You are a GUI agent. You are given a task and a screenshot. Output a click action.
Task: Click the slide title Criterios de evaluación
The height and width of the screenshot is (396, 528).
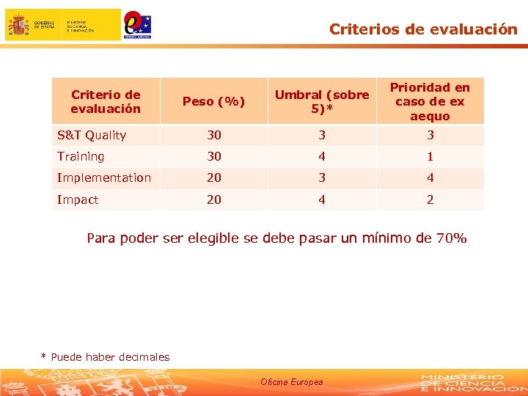click(x=423, y=29)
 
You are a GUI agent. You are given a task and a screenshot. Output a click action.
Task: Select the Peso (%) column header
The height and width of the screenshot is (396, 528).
click(x=213, y=101)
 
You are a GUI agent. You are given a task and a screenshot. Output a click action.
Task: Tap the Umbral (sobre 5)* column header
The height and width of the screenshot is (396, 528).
click(x=322, y=101)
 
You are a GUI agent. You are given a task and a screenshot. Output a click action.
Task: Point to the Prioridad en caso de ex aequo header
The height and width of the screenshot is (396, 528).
click(x=430, y=101)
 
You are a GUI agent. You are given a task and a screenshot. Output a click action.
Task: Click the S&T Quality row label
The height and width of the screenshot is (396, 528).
click(x=92, y=135)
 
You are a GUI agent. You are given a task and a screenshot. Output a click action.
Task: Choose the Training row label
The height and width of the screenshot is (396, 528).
click(x=81, y=156)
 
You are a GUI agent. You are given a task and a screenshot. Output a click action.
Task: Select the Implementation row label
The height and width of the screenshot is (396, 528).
click(x=104, y=177)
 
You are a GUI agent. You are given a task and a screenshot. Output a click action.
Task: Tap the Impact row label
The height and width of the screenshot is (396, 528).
click(x=78, y=199)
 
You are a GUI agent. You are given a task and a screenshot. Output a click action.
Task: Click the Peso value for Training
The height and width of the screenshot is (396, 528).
click(x=213, y=156)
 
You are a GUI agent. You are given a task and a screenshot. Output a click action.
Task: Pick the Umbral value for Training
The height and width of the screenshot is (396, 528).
click(x=322, y=156)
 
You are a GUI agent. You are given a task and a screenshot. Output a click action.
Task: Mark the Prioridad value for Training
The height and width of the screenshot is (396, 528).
click(x=430, y=156)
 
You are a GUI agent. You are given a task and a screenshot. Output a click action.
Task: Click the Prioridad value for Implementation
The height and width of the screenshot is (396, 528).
click(x=430, y=177)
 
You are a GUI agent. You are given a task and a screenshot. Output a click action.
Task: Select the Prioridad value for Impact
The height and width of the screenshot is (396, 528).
click(x=430, y=199)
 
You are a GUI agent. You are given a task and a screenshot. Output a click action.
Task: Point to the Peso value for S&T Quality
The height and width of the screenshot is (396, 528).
click(x=213, y=135)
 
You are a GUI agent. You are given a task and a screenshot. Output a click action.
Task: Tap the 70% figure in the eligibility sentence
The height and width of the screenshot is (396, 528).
click(x=451, y=238)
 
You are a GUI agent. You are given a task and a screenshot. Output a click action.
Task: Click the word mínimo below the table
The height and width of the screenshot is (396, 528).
click(x=386, y=238)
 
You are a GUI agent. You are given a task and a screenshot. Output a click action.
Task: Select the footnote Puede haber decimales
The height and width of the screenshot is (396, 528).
click(x=110, y=357)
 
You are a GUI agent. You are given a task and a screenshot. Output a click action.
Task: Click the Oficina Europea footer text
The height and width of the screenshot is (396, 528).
click(x=292, y=382)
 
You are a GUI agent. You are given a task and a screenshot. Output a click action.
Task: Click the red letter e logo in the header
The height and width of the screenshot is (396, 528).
click(x=134, y=22)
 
